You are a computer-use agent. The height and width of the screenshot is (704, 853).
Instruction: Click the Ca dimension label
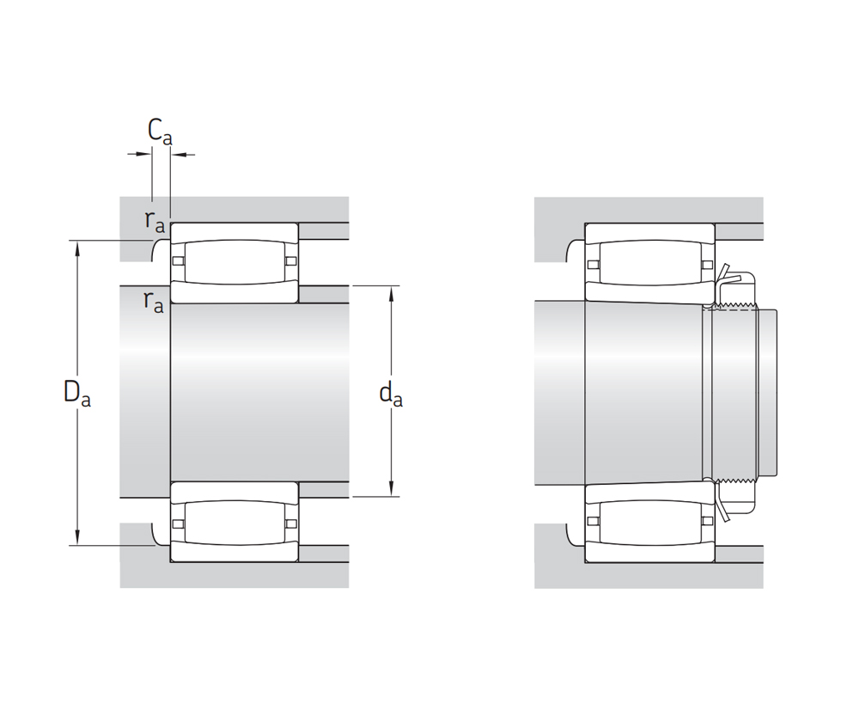(x=160, y=132)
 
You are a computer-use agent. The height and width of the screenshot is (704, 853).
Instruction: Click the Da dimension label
(x=76, y=393)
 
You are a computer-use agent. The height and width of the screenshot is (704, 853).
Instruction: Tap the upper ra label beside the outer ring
(x=155, y=221)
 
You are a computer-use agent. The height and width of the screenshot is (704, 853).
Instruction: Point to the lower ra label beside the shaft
(x=154, y=301)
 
